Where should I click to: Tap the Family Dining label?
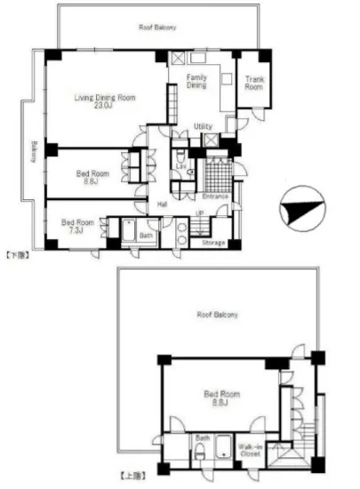pyautogui.click(x=196, y=83)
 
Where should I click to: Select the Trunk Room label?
pyautogui.click(x=254, y=83)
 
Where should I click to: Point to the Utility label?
pyautogui.click(x=202, y=127)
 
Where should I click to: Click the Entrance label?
pyautogui.click(x=216, y=196)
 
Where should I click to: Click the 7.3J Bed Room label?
pyautogui.click(x=77, y=226)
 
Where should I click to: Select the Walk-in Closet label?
pyautogui.click(x=252, y=451)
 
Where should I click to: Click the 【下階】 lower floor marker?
pyautogui.click(x=20, y=256)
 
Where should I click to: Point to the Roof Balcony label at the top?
pyautogui.click(x=157, y=28)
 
